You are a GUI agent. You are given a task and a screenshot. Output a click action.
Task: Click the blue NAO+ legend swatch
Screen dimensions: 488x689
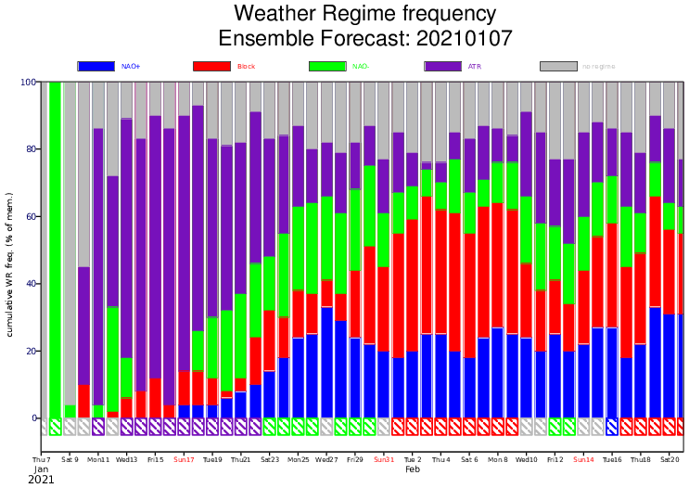pos(96,66)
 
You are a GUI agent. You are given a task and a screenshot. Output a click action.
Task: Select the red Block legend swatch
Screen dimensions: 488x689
pos(211,66)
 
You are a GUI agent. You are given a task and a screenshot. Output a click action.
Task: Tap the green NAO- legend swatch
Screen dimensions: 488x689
pos(327,66)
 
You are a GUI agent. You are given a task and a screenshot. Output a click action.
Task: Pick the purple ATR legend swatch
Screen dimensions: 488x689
pos(443,66)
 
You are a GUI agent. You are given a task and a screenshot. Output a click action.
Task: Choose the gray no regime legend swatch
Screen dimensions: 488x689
pos(559,66)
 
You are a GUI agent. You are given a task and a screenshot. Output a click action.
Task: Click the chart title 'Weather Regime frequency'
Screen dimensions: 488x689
pos(364,14)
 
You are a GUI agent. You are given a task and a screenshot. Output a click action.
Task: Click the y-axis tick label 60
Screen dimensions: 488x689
pos(30,217)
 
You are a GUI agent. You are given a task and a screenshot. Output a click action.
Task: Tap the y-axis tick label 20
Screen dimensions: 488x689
pos(30,352)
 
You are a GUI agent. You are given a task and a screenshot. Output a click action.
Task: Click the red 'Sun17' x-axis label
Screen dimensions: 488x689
pos(184,459)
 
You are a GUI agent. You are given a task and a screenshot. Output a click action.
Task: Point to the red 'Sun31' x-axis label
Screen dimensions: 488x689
pos(384,459)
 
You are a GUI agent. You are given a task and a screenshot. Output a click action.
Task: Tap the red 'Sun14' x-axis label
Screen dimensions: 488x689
pos(583,459)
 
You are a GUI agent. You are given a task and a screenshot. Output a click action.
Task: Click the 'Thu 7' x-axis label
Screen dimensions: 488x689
pos(42,459)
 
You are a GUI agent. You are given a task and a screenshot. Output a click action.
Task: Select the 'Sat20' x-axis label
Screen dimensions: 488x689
pos(670,459)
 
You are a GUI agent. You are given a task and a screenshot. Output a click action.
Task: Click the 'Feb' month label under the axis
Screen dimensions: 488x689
pos(413,469)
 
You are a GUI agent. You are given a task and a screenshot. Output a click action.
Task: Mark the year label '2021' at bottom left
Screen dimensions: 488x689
pos(42,480)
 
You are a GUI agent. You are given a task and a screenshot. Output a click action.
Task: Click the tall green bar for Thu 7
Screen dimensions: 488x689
pos(56,250)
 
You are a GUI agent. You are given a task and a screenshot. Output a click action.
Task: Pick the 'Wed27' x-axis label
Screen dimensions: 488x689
pos(326,459)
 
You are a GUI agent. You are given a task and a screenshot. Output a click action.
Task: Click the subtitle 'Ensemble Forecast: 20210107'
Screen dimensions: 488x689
pos(364,38)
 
